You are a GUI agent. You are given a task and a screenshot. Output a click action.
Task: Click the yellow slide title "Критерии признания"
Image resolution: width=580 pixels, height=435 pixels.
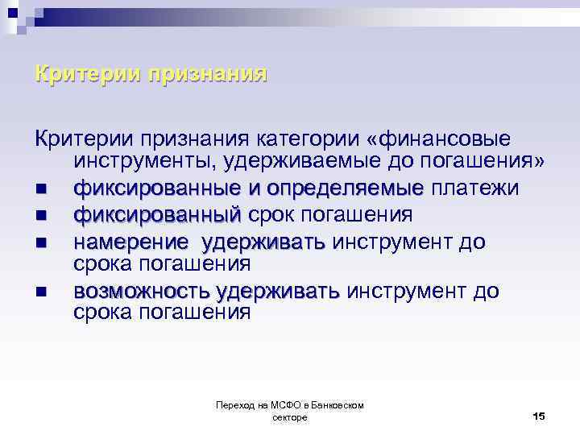point(151,75)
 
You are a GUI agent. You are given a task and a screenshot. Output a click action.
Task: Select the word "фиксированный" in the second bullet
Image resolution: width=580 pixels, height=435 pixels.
point(157,215)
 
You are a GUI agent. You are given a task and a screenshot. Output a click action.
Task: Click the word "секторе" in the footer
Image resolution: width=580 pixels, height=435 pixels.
point(290,417)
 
